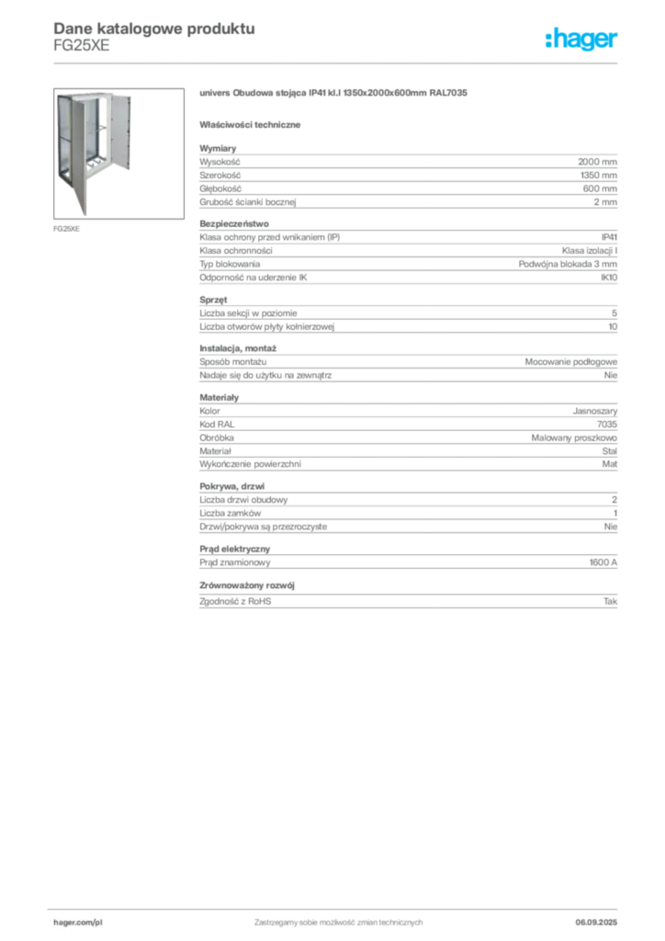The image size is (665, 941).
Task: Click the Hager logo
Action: (581, 39)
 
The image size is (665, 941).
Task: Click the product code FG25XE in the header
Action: (82, 46)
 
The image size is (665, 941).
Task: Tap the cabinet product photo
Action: (118, 153)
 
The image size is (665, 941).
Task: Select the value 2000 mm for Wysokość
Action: (597, 162)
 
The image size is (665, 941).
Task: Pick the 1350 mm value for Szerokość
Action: (599, 176)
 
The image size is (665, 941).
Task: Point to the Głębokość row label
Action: (220, 188)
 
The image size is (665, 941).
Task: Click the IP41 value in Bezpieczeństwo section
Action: (609, 237)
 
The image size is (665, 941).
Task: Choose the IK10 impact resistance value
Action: (609, 278)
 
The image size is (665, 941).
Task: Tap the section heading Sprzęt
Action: (213, 300)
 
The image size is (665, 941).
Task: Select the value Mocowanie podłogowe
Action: (571, 362)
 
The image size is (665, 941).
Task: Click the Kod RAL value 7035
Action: (607, 425)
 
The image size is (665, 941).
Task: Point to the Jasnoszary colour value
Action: (595, 411)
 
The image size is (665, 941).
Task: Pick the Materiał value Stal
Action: (610, 450)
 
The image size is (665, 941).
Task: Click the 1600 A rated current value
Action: (603, 562)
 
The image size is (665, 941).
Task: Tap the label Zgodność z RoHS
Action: (235, 601)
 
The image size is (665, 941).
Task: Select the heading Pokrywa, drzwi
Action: (232, 486)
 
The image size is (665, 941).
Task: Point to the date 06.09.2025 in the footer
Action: (596, 923)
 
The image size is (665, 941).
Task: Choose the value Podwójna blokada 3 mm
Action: (568, 264)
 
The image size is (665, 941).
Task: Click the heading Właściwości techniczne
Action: (250, 125)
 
